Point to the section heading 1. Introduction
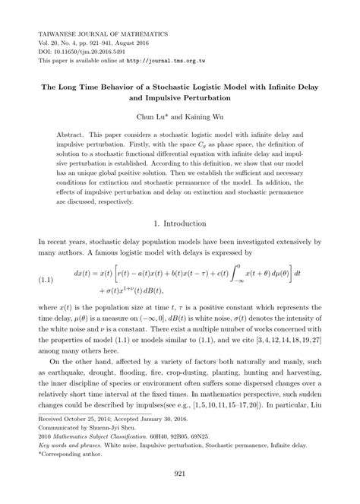[x=179, y=224]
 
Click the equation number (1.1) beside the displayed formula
[x=49, y=281]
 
